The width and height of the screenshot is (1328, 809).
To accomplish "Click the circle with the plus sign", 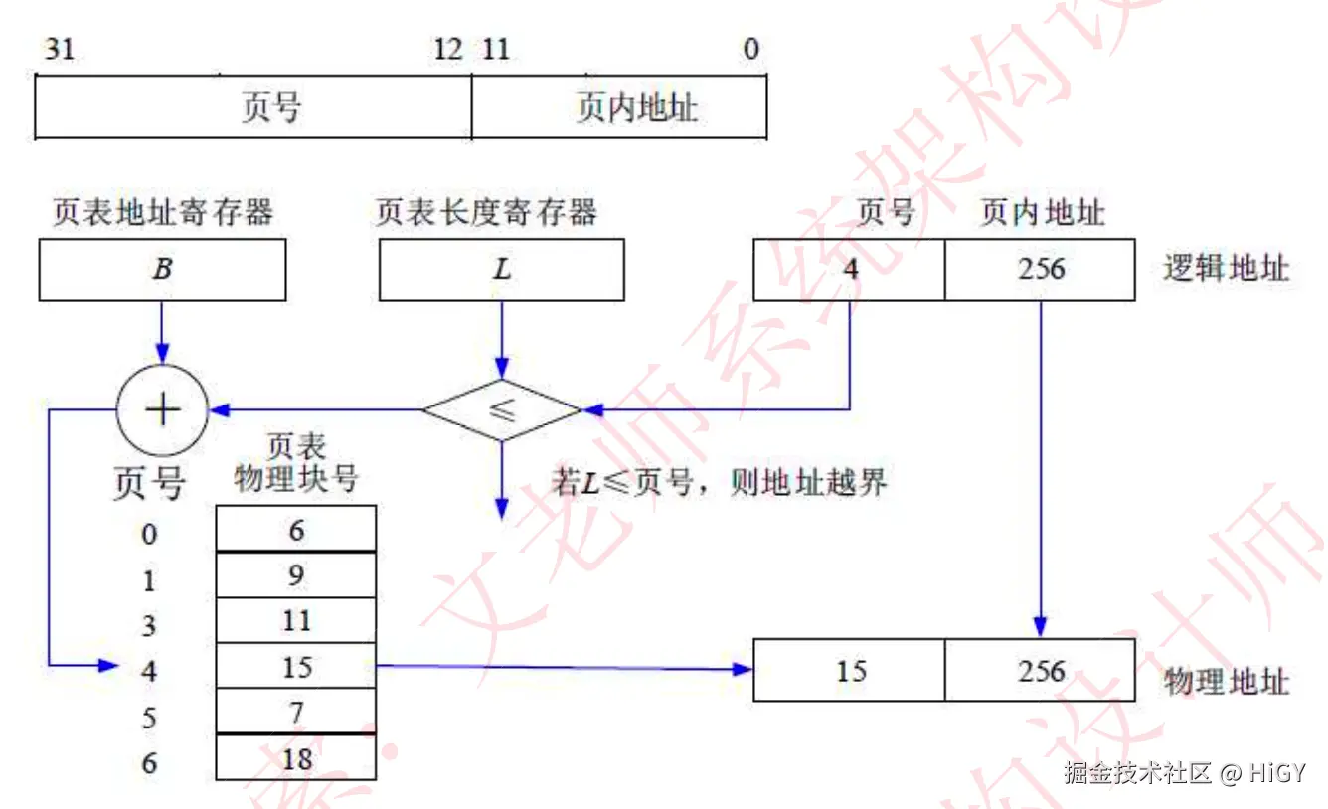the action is (x=162, y=408).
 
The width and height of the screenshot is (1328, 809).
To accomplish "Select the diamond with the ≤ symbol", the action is (x=502, y=409).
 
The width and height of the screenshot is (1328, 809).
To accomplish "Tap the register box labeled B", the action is (x=162, y=269).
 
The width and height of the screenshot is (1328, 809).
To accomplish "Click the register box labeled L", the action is (x=502, y=269).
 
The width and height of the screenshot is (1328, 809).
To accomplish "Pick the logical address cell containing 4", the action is (x=849, y=269).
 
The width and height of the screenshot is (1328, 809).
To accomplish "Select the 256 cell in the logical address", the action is (x=1040, y=269).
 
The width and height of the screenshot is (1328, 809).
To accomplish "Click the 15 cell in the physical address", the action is (x=849, y=671).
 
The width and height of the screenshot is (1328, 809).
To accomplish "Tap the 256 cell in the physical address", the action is (x=1040, y=671).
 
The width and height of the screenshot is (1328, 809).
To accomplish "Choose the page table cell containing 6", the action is (x=296, y=529).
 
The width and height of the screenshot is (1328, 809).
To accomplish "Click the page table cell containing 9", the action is (x=296, y=574).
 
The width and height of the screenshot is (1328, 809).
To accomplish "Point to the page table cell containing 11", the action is (x=296, y=620).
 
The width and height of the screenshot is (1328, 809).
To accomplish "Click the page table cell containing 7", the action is (x=296, y=712).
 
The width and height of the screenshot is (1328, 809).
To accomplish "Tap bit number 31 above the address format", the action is (x=59, y=48).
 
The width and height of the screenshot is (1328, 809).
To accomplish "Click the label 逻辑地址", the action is (x=1226, y=269).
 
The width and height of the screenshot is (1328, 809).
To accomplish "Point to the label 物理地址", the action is (x=1226, y=681).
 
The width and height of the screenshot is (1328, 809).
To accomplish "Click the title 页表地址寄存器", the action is (x=162, y=212).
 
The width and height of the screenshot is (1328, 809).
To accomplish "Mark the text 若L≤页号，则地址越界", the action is (x=719, y=483).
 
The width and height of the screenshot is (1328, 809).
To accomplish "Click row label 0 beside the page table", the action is (x=149, y=535).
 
